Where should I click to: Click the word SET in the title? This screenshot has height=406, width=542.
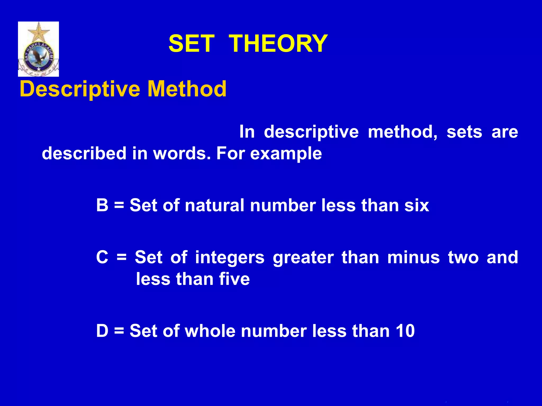pos(191,44)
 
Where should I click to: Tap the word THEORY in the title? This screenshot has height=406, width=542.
pos(278,44)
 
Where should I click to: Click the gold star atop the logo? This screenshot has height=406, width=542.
pos(39,31)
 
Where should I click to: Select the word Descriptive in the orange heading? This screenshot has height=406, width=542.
pos(80,89)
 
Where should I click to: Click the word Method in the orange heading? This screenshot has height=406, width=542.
pos(187,89)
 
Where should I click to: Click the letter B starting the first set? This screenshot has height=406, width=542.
pos(102,205)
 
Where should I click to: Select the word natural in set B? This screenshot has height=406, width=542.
pos(214,205)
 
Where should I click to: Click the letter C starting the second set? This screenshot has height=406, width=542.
pos(102,257)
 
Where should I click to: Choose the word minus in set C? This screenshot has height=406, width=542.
pos(413,257)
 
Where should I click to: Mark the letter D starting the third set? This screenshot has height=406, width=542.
pos(102,331)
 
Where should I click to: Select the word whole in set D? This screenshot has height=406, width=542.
pos(210,331)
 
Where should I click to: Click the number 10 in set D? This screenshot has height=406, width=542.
pos(405,331)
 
